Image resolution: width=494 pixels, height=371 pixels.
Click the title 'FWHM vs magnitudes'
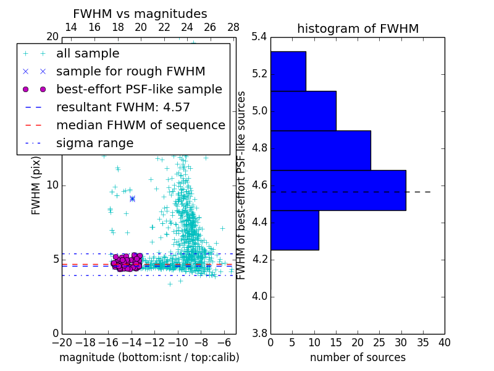coord(140,14)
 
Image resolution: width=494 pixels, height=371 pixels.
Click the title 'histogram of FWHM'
coord(358,28)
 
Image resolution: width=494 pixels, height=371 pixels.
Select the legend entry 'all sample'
coord(88,54)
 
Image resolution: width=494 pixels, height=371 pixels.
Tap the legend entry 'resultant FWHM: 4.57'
coord(123,107)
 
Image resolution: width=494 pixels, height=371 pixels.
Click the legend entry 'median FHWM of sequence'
coord(140,125)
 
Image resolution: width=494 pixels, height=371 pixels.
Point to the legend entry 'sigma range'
coord(94,143)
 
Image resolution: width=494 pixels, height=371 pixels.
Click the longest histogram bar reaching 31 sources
coord(338,190)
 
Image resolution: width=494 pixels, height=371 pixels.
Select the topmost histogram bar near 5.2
coord(288,71)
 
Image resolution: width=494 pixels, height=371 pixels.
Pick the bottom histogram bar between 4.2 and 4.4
coord(295,230)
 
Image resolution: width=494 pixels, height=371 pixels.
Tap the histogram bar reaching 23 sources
coord(320,150)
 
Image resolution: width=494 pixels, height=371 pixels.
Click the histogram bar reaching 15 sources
coord(303,111)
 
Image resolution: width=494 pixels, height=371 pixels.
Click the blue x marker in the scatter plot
coord(132,198)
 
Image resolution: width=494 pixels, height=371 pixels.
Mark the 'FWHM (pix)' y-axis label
coord(36,185)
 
